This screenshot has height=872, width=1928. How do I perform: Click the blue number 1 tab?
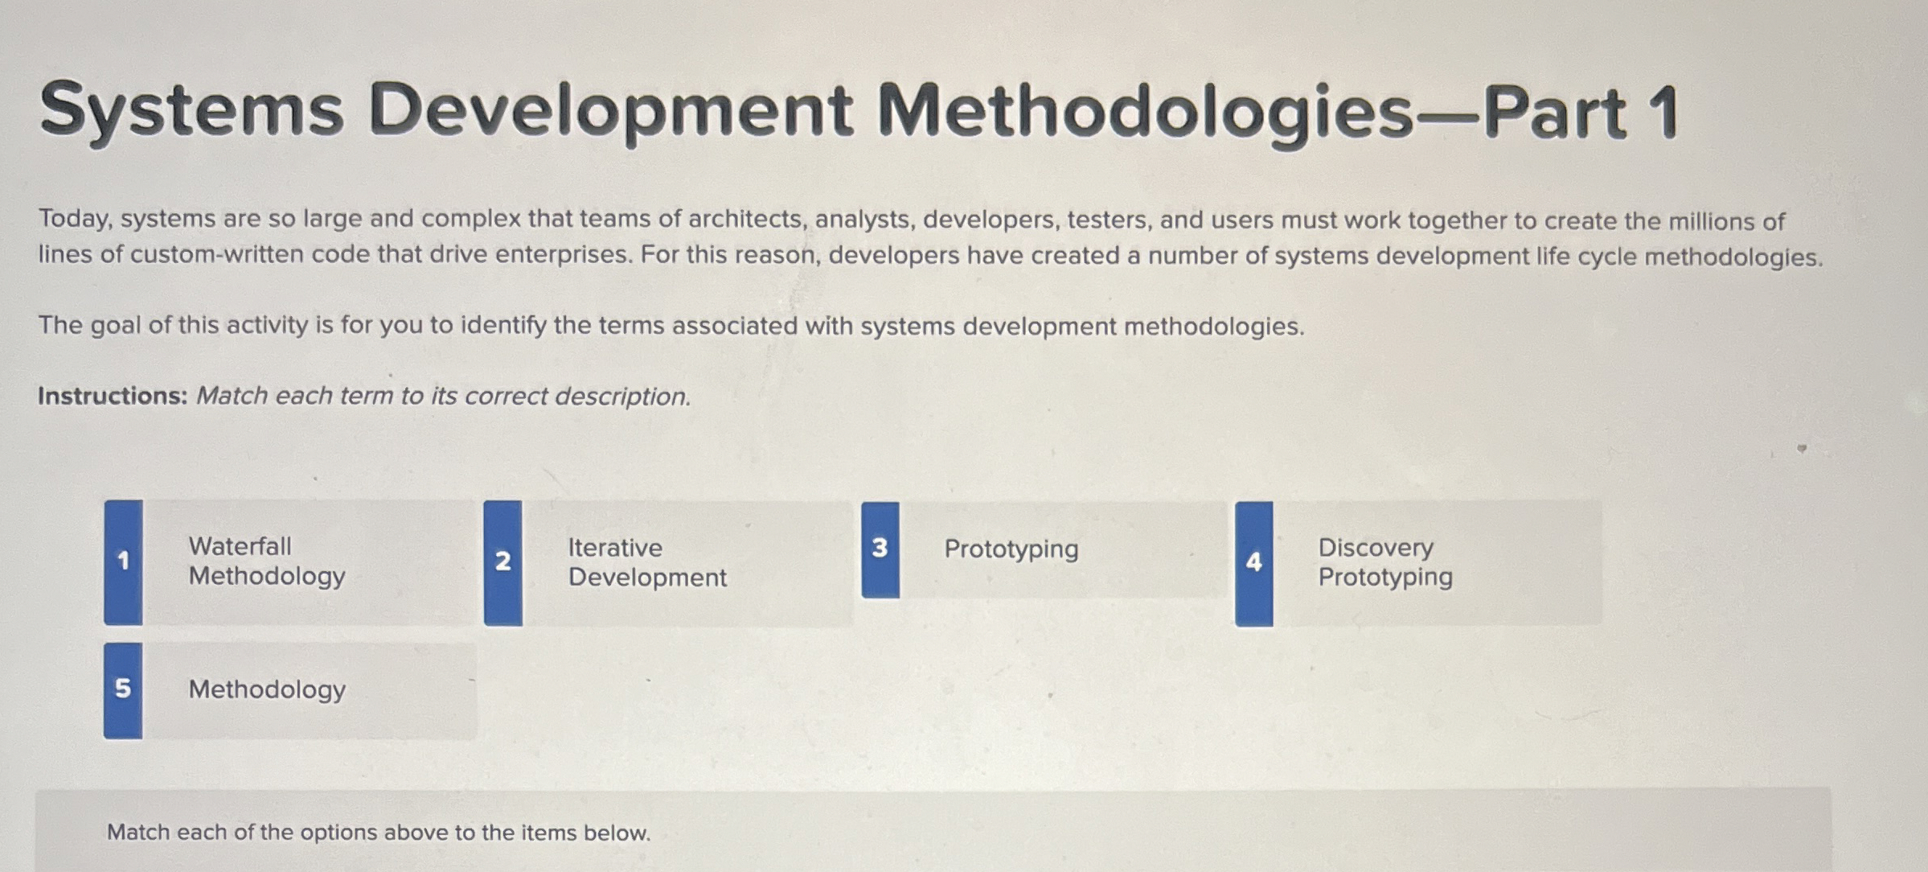tap(123, 561)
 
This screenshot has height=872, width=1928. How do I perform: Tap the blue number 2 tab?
tap(503, 561)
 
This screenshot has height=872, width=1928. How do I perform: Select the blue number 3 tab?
tap(880, 549)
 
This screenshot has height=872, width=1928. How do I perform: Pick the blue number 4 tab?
tap(1253, 563)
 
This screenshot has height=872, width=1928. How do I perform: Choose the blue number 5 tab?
tap(123, 689)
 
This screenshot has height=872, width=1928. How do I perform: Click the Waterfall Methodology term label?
tap(267, 561)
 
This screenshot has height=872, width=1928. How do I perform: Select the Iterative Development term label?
tap(647, 562)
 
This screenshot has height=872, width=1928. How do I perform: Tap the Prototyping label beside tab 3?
tap(1011, 549)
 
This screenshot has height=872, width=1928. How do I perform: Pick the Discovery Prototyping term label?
tap(1384, 562)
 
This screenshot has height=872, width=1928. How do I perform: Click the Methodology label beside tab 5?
tap(267, 689)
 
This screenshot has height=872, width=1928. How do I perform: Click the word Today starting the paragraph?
tap(74, 219)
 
